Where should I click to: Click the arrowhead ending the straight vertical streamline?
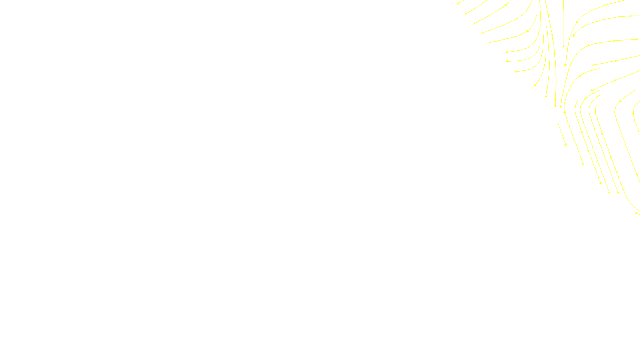564,46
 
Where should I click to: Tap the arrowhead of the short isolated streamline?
566,145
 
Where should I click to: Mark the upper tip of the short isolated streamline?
558,123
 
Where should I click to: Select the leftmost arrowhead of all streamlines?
458,4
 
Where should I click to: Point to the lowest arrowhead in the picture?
637,213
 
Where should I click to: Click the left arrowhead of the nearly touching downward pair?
555,106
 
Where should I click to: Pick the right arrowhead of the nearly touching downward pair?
561,106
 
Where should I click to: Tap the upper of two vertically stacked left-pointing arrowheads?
507,52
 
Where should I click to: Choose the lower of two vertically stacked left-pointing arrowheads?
507,62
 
